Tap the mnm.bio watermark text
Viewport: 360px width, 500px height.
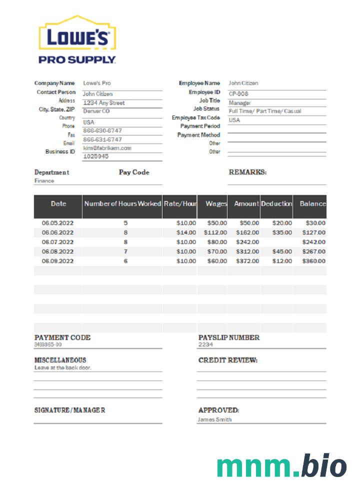281,466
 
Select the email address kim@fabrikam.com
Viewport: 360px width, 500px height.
107,148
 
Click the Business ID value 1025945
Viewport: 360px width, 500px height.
96,156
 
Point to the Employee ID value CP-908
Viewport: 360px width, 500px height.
239,93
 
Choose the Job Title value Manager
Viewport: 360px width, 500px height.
240,102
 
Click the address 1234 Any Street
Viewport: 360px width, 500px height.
104,103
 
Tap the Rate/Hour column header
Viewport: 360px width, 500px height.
180,204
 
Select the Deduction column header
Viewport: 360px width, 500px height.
276,204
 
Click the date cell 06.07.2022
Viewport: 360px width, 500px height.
57,242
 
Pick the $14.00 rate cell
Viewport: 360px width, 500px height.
186,232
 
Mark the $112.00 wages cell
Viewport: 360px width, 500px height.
215,232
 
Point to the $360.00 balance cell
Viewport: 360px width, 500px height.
313,261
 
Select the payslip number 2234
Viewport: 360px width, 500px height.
205,344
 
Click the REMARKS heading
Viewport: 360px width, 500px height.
247,172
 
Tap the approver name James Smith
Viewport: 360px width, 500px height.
214,419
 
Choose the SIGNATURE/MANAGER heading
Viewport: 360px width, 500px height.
69,410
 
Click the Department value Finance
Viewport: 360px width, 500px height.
44,181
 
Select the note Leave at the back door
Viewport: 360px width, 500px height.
63,367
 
